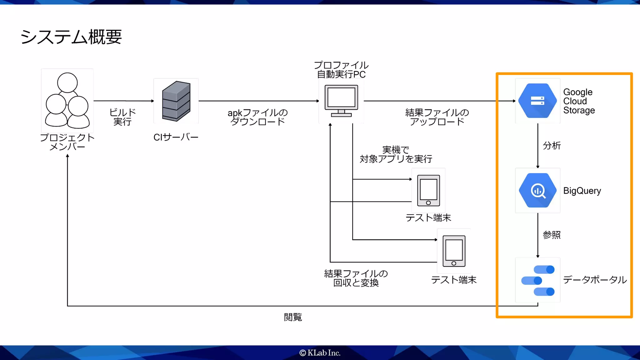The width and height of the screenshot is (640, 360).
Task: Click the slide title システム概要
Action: pyautogui.click(x=71, y=37)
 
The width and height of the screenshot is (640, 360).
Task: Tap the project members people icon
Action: pyautogui.click(x=67, y=101)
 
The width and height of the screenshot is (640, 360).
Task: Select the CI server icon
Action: pyautogui.click(x=176, y=101)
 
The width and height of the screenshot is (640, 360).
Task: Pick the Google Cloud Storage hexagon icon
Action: pyautogui.click(x=537, y=101)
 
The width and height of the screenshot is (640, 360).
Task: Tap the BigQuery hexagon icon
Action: pyautogui.click(x=537, y=190)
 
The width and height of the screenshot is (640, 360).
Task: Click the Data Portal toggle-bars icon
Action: pyautogui.click(x=538, y=280)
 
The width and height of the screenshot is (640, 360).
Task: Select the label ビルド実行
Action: pyautogui.click(x=122, y=117)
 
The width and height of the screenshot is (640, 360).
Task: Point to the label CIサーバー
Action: pyautogui.click(x=176, y=137)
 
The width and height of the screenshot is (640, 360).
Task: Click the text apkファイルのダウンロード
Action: pyautogui.click(x=257, y=117)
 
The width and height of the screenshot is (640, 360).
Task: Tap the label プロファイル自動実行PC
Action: pyautogui.click(x=341, y=70)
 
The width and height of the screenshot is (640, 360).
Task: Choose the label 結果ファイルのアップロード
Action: pyautogui.click(x=437, y=117)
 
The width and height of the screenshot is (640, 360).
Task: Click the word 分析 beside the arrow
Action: pyautogui.click(x=552, y=146)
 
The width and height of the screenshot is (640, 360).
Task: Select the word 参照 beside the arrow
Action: pyautogui.click(x=552, y=235)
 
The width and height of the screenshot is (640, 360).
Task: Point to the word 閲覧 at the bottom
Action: pyautogui.click(x=293, y=317)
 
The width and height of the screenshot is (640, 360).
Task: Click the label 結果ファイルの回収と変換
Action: pyautogui.click(x=356, y=278)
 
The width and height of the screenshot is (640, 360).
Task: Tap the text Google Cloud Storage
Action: pyautogui.click(x=579, y=101)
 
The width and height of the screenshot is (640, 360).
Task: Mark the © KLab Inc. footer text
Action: pyautogui.click(x=320, y=353)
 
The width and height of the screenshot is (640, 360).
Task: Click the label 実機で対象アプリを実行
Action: pyautogui.click(x=396, y=154)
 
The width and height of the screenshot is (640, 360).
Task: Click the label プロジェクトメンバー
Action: pyautogui.click(x=67, y=142)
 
